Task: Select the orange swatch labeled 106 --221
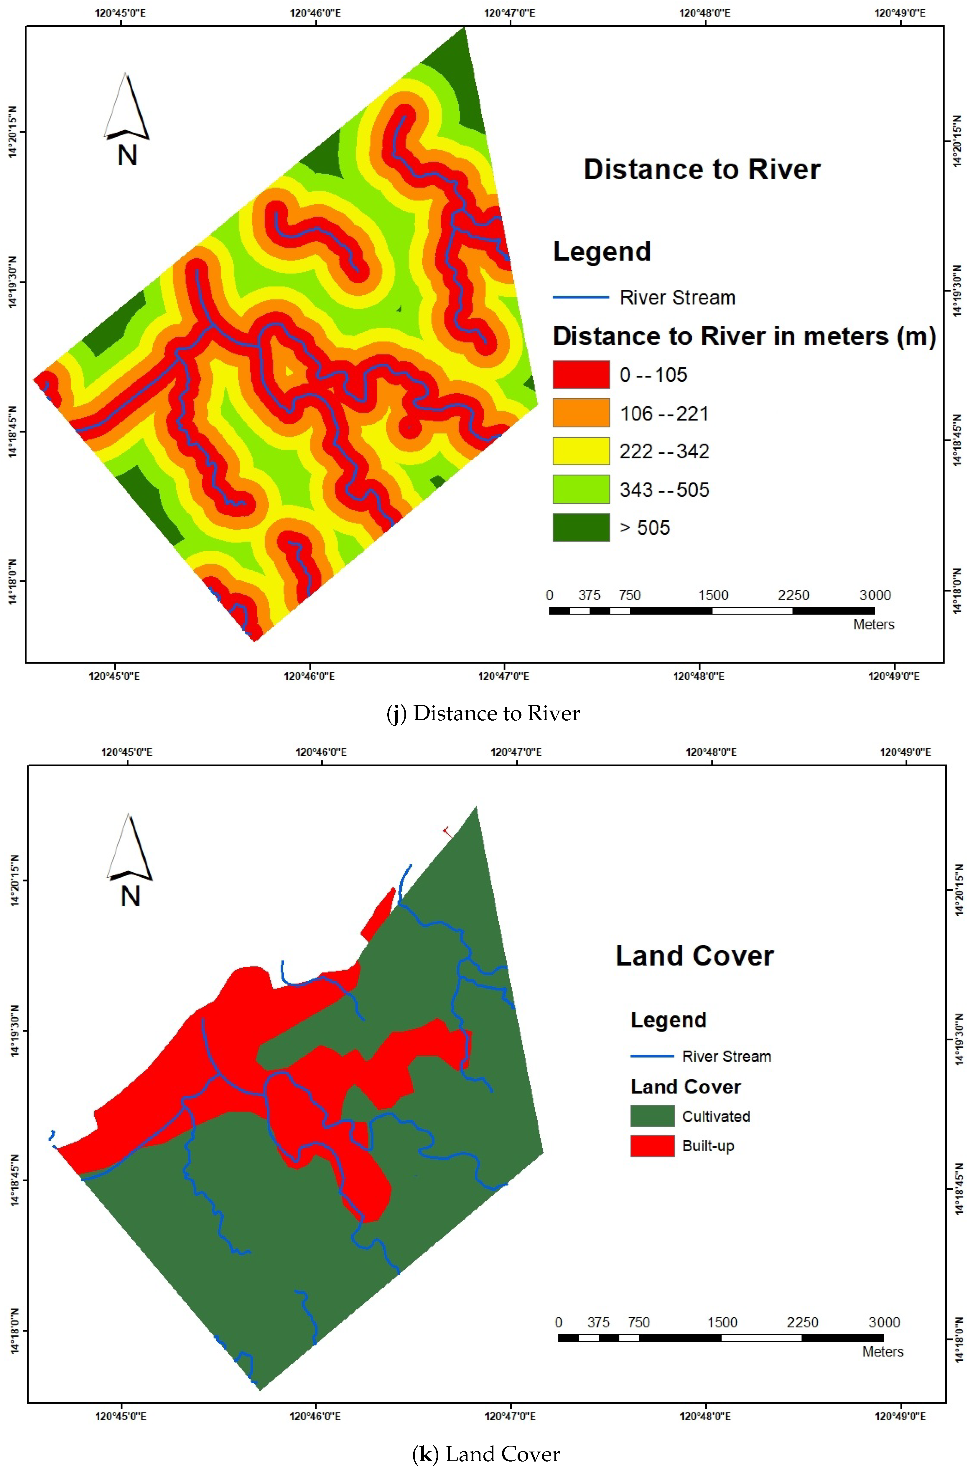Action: [581, 413]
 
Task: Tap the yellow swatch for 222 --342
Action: [581, 451]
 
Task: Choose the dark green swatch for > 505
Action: [581, 527]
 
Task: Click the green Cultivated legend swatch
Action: [652, 1116]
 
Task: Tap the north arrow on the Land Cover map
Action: [130, 859]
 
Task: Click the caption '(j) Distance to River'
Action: [483, 714]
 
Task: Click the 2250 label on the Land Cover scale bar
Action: [802, 1322]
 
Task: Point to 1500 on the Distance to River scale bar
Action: [713, 595]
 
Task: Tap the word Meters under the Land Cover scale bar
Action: [883, 1352]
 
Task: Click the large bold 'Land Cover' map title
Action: [694, 956]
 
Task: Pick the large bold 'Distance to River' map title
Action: [702, 169]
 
